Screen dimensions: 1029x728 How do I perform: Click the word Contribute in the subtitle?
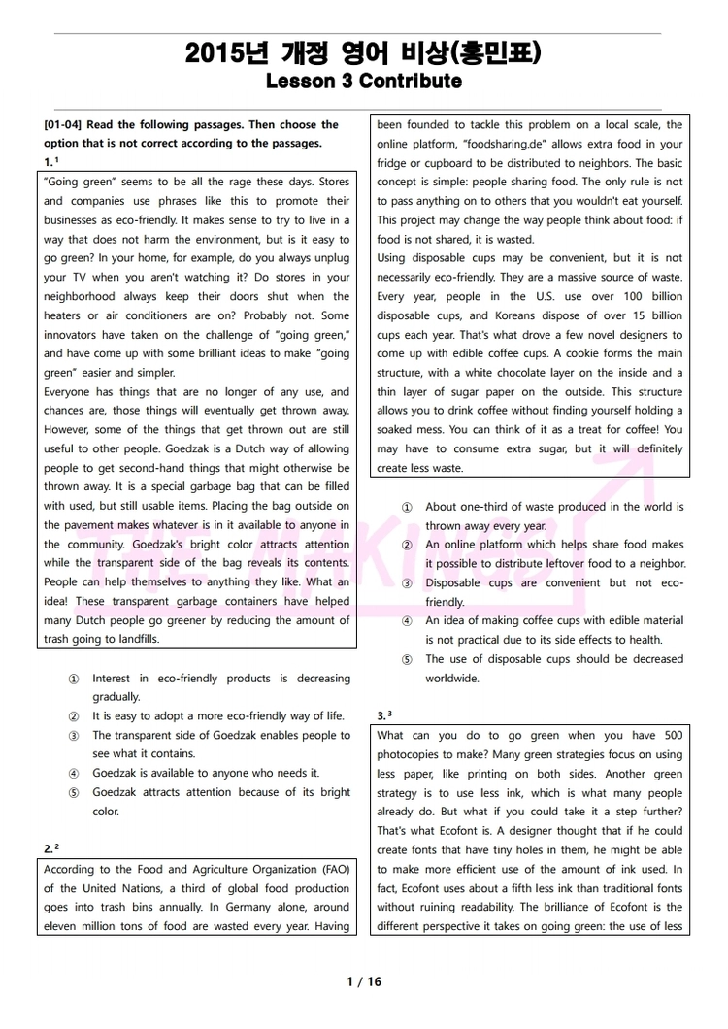(410, 82)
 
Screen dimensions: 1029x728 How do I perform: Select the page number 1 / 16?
(364, 981)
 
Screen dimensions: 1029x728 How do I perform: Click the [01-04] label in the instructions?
(65, 125)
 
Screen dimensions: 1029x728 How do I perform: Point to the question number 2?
(49, 849)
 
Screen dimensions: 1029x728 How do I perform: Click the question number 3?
(381, 716)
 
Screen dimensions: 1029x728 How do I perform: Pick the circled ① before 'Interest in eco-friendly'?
(74, 679)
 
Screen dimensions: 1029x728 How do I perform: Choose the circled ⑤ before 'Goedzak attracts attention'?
(74, 792)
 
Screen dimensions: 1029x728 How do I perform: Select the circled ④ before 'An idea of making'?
(407, 621)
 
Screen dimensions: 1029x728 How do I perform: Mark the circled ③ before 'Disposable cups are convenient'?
(407, 583)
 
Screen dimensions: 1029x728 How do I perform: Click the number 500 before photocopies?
(673, 736)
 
